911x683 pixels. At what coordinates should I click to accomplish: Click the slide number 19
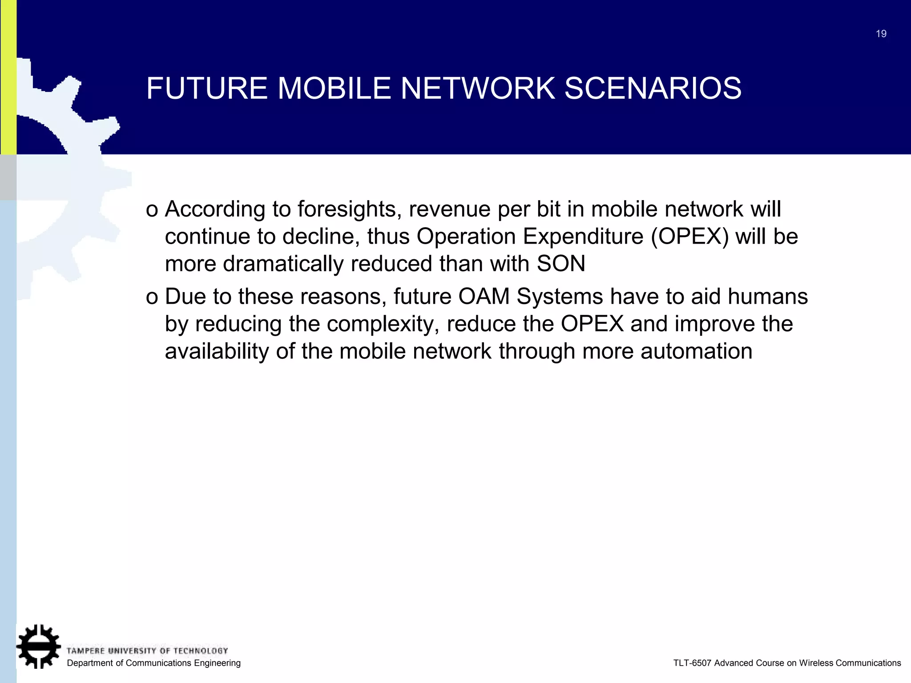point(881,34)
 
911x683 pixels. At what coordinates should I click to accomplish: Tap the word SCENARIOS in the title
point(653,88)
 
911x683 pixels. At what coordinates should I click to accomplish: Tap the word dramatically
point(282,264)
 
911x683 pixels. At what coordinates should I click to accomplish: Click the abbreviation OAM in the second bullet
point(484,297)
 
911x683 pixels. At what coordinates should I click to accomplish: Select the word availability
point(216,351)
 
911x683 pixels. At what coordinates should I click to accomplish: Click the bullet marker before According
point(152,210)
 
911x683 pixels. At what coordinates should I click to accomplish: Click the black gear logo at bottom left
point(39,646)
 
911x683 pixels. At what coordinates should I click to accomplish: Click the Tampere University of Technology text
point(147,651)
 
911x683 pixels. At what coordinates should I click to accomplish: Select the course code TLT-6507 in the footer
point(692,663)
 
